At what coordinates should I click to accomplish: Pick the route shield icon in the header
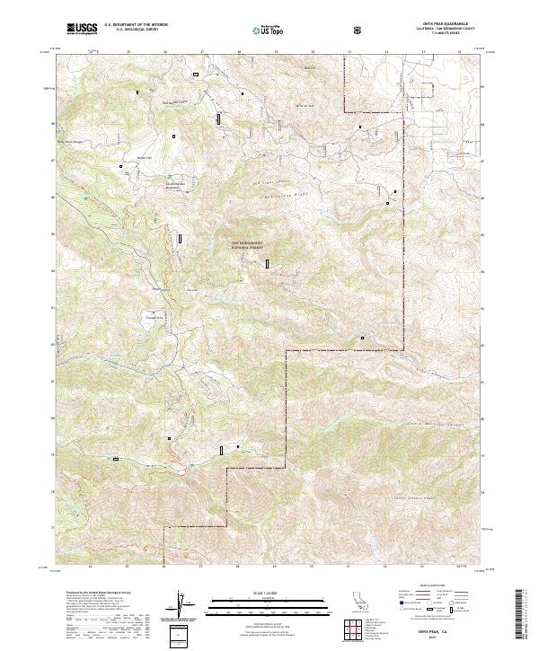pyautogui.click(x=358, y=30)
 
